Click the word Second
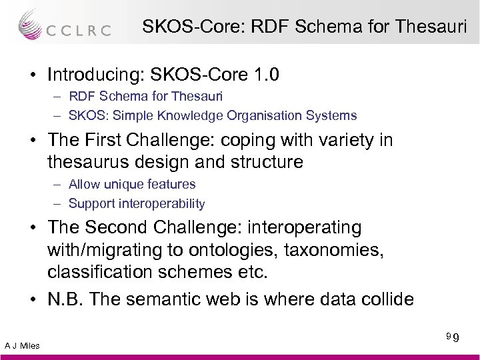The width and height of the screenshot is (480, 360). click(117, 229)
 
